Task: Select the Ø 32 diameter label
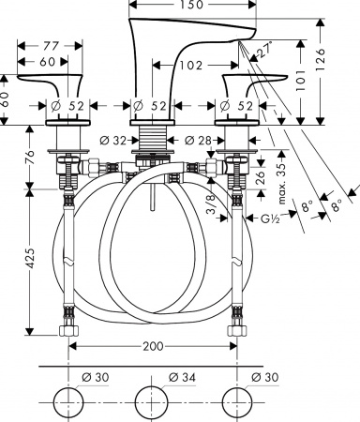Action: [112, 140]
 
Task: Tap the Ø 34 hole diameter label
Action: [181, 377]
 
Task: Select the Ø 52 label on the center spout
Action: [150, 105]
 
